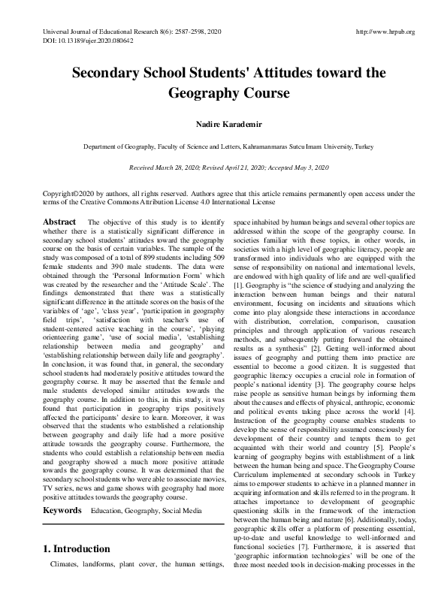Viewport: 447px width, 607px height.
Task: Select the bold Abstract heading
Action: [x=59, y=222]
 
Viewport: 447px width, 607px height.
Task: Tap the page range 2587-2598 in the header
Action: [x=177, y=32]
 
